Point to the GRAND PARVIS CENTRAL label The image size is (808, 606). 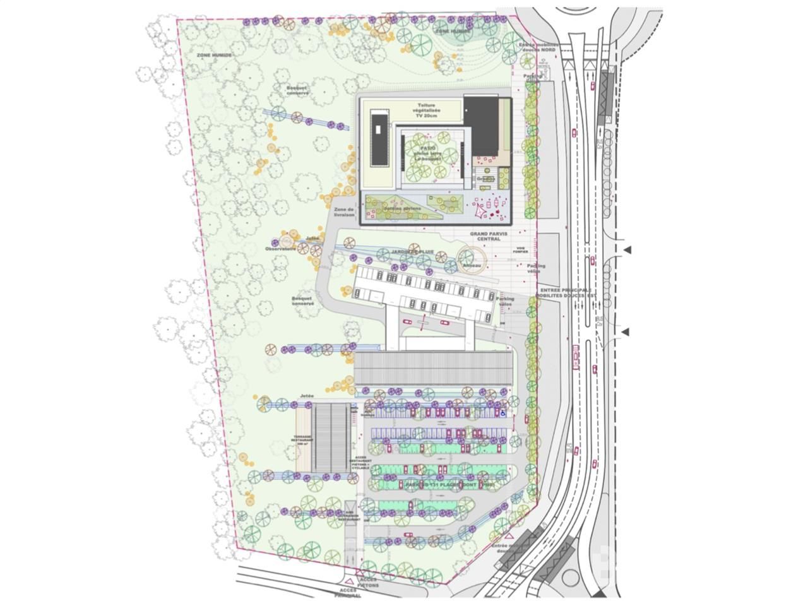point(485,236)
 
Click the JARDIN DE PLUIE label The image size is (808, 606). point(413,252)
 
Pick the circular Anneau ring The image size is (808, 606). point(472,259)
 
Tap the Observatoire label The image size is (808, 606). point(281,249)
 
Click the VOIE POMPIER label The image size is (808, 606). point(521,250)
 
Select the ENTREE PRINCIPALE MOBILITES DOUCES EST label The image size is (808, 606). point(565,292)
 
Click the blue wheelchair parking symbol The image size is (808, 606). point(502,413)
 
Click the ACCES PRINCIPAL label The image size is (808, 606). point(349,592)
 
